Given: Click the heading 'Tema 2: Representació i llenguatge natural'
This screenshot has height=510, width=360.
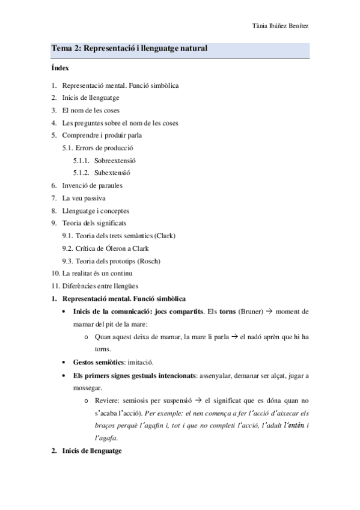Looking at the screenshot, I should tap(130, 49).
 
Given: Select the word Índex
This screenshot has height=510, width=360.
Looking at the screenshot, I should tap(60, 69).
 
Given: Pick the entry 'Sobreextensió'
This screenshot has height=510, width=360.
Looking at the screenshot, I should tap(115, 161).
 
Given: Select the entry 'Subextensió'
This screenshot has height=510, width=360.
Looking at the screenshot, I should tap(112, 173).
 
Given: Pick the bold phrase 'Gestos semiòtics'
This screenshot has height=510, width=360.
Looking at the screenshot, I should tap(99, 363).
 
